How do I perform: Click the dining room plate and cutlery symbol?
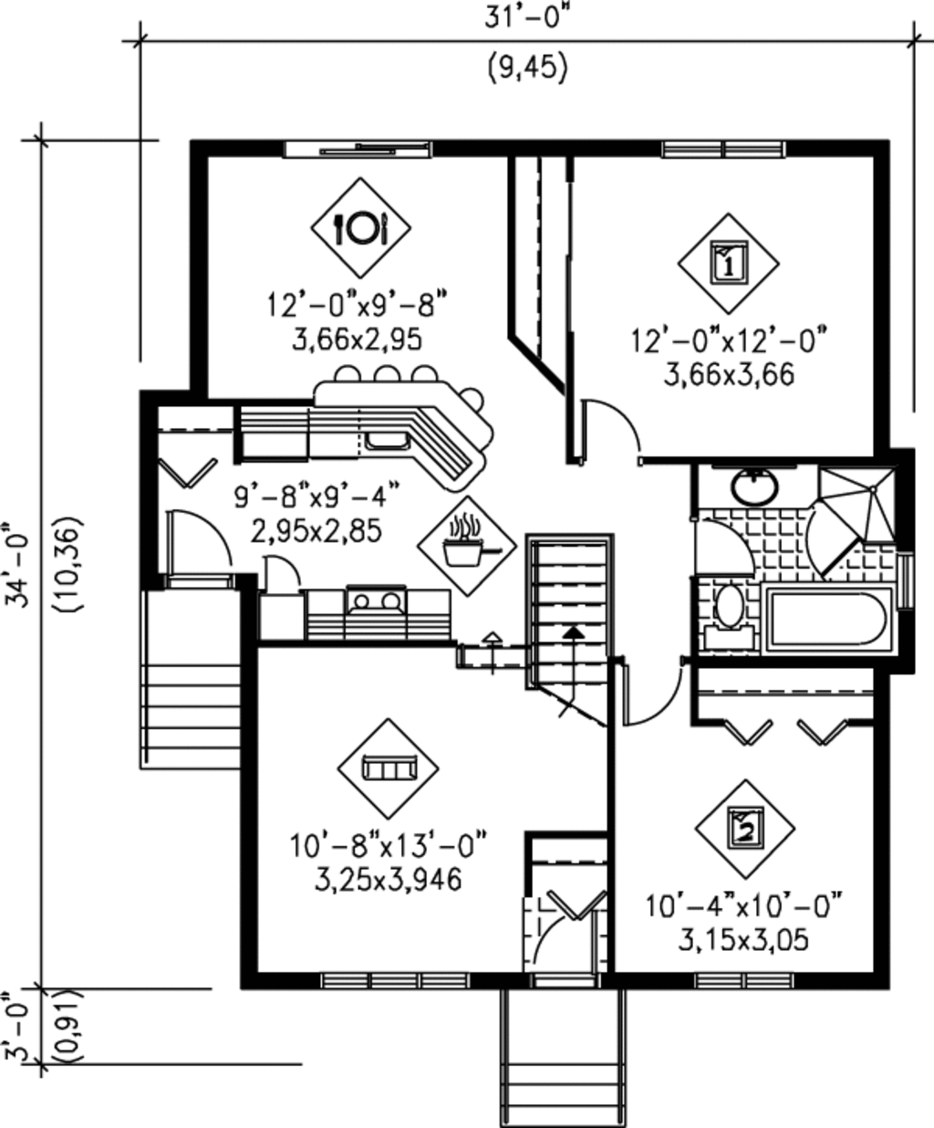pyautogui.click(x=361, y=227)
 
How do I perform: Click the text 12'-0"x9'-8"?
pyautogui.click(x=358, y=304)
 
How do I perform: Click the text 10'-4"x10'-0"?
pyautogui.click(x=742, y=908)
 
